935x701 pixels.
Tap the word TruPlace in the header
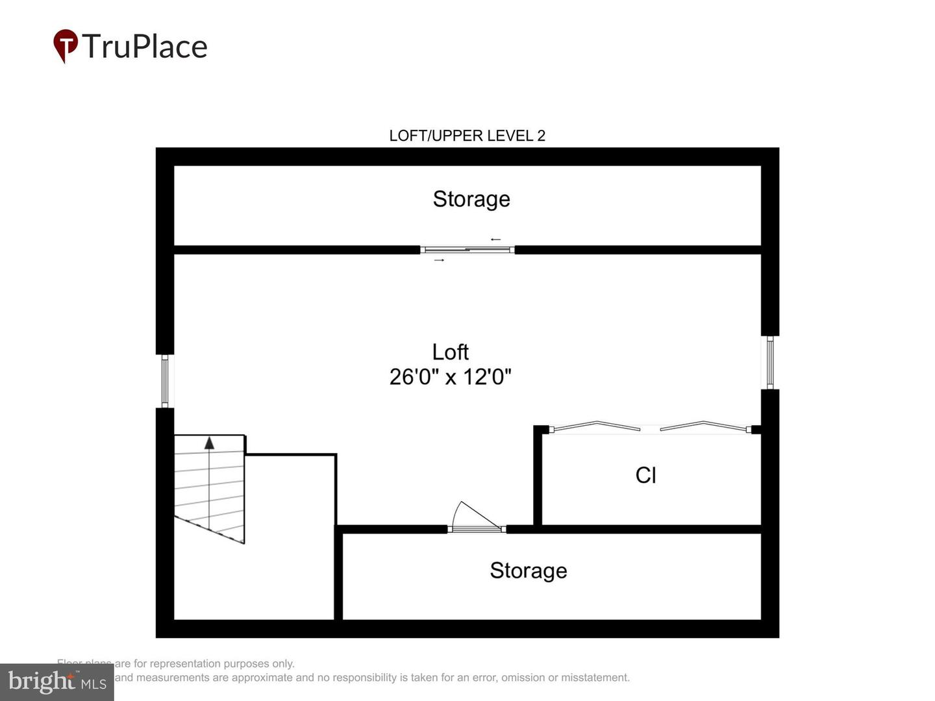[x=144, y=47]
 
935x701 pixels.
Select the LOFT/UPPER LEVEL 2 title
[x=467, y=136]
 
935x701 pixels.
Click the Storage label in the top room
[x=471, y=199]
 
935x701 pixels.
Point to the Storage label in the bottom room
[x=528, y=570]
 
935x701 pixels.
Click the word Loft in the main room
[x=450, y=352]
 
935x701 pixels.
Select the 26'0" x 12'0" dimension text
[x=450, y=376]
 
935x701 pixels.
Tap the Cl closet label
[x=645, y=475]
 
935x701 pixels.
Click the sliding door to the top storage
[x=467, y=249]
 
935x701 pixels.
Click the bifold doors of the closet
[x=649, y=428]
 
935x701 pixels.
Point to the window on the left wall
[x=165, y=381]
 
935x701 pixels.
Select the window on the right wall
[x=770, y=362]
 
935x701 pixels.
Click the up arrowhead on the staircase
[x=209, y=443]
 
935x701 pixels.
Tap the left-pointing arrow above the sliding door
[x=495, y=240]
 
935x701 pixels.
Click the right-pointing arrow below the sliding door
[x=440, y=260]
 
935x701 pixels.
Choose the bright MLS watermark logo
[x=57, y=682]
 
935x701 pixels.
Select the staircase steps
[x=209, y=487]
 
